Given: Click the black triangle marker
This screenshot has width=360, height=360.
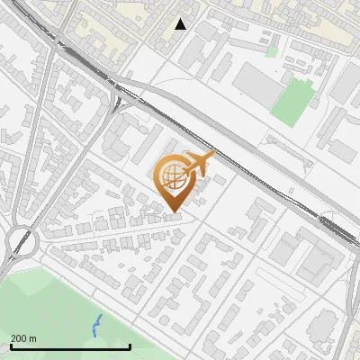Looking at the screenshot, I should coord(181,24).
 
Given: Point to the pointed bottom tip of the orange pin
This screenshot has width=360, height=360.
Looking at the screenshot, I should coord(175,212).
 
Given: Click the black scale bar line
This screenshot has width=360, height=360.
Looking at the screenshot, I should coord(70,346).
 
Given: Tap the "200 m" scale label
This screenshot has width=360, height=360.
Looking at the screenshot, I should coord(23,338).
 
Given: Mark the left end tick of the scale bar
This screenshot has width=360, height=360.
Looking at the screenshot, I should coord(11,345).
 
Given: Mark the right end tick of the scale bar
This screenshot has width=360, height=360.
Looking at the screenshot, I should coord(130,345).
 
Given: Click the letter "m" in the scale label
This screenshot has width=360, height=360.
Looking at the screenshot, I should coord(32,338).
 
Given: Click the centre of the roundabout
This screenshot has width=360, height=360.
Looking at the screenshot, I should coord(19,241).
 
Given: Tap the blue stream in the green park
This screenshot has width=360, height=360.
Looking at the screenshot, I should coord(96,326).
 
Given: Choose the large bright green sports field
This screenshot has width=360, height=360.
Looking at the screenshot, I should coord(292,102).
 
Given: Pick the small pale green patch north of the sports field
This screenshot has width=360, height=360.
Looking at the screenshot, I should coord(271,51).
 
